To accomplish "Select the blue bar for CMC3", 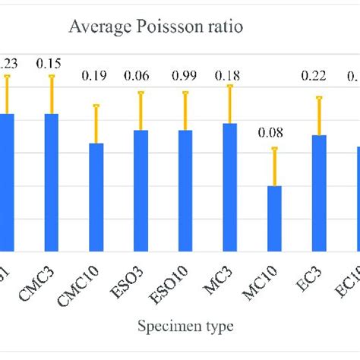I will point(52,182).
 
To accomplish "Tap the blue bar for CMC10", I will point(96,197).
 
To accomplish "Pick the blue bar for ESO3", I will point(141,190).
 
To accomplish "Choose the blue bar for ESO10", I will point(185,190).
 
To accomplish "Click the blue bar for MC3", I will point(229,187).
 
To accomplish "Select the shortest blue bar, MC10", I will point(274,218).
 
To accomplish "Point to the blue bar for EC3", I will point(319,193).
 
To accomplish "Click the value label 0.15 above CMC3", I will point(52,63).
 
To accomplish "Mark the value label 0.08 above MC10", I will point(274,134).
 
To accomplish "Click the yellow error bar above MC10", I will point(274,166).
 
